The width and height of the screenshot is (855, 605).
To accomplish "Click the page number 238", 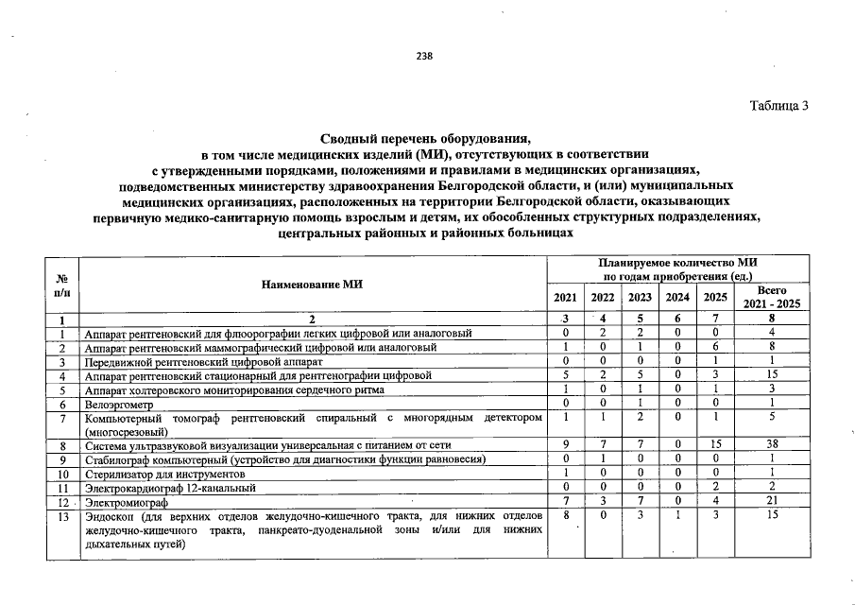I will click(x=424, y=56).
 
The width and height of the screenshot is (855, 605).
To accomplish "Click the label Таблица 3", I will click(x=779, y=105).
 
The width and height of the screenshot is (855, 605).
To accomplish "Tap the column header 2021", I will click(x=565, y=297).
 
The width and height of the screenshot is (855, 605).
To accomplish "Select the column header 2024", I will click(x=677, y=297).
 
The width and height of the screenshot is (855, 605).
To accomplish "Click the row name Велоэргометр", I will click(x=117, y=404).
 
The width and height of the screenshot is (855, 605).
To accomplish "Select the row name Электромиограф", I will click(x=124, y=502).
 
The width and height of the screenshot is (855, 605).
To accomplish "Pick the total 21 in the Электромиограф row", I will click(x=772, y=502).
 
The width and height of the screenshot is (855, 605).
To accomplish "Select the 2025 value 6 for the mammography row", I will click(x=715, y=347).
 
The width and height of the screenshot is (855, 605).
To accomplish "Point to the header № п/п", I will click(x=62, y=284).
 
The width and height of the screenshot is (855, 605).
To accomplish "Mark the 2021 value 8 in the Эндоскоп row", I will click(x=565, y=516).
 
